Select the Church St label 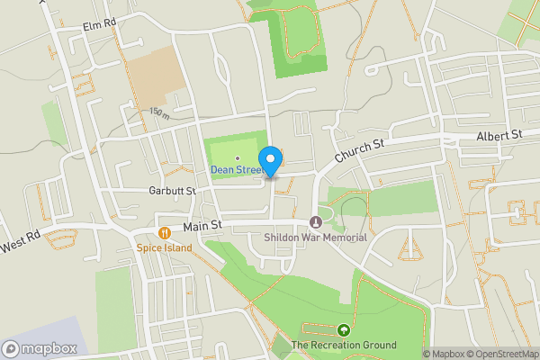[x=360, y=150]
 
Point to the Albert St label [x=499, y=135]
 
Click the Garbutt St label [x=171, y=191]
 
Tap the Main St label [x=202, y=229]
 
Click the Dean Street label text [x=237, y=169]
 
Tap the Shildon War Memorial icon [x=315, y=222]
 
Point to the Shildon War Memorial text [x=315, y=238]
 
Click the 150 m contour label [x=159, y=113]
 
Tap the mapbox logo [x=40, y=348]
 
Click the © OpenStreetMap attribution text [x=500, y=354]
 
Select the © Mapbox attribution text [x=443, y=354]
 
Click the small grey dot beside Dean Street [x=237, y=158]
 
